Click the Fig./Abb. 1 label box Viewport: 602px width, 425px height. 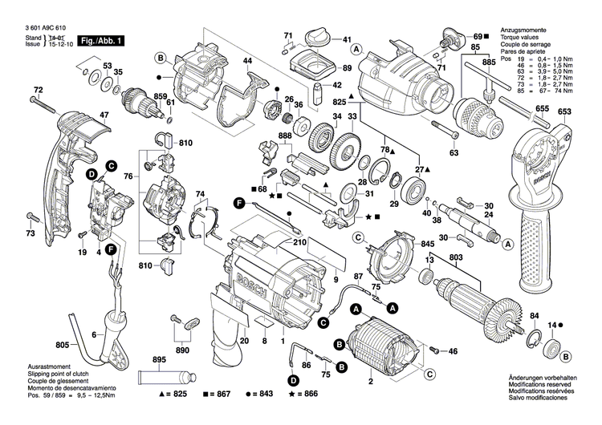click(x=100, y=40)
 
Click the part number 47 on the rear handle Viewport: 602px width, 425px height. click(x=104, y=115)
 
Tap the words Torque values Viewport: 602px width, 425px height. click(x=521, y=35)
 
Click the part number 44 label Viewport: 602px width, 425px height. click(x=247, y=62)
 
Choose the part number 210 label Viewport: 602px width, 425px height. click(x=299, y=241)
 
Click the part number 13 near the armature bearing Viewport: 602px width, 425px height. click(x=429, y=260)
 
